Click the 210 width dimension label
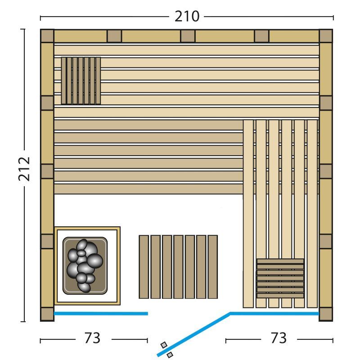tap(187, 17)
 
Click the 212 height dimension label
tap(24, 169)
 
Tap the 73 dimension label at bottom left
tap(92, 338)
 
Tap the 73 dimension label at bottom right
tap(279, 338)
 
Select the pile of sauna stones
tap(85, 265)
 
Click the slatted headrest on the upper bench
tap(81, 81)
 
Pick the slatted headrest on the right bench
tap(280, 278)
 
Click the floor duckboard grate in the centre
tap(178, 267)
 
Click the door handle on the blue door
tap(167, 350)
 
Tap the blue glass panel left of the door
tap(101, 314)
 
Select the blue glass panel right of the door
tap(274, 313)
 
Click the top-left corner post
tap(47, 36)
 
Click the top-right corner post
tap(326, 36)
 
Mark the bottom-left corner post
tap(47, 314)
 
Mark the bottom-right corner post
tap(326, 314)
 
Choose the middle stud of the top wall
tap(188, 36)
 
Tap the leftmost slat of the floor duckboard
tap(144, 267)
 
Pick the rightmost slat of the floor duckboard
tap(212, 267)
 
